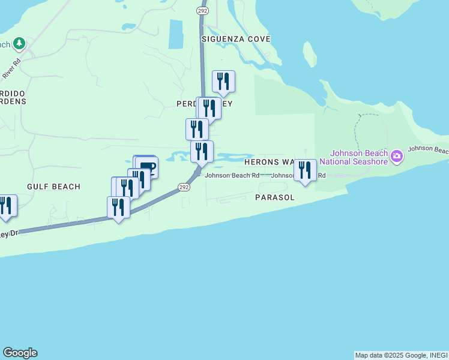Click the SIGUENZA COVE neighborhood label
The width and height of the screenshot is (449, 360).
(236, 39)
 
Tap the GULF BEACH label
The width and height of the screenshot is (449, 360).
(53, 187)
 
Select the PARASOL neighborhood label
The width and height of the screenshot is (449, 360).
(275, 197)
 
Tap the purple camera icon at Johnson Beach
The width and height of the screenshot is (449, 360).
(396, 157)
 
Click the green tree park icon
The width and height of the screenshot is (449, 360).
(20, 44)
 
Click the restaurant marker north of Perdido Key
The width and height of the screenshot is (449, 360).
(223, 82)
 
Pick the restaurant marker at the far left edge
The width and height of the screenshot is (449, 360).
(6, 206)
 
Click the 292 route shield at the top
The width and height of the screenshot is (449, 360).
(202, 10)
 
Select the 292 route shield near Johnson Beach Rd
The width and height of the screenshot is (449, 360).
(184, 187)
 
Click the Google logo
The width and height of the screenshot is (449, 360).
(20, 353)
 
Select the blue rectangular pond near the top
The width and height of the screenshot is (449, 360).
(176, 34)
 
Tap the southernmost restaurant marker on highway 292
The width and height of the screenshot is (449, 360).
(118, 208)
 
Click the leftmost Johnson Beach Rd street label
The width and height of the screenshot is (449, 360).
(232, 176)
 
